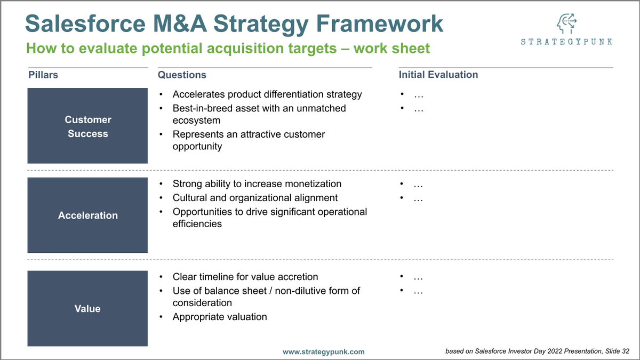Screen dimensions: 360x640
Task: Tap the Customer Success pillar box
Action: (x=87, y=126)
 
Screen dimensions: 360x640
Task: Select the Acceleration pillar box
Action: (x=87, y=215)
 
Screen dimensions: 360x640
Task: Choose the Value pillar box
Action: (x=87, y=309)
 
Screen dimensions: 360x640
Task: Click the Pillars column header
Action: (x=43, y=75)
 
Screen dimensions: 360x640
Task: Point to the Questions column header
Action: (x=182, y=75)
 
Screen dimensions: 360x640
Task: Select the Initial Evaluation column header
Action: (x=438, y=75)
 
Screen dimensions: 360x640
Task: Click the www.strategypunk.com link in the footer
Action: (x=324, y=351)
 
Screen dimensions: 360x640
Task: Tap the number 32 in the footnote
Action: (x=625, y=351)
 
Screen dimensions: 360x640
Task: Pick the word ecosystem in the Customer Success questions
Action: (x=196, y=121)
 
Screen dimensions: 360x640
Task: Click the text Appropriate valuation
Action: (x=220, y=317)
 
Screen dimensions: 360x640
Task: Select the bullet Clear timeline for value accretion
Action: (x=245, y=277)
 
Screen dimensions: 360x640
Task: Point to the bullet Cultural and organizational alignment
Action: (x=255, y=198)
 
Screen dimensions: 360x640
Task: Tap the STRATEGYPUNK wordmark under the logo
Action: (x=566, y=42)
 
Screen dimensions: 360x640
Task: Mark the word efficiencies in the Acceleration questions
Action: (x=197, y=224)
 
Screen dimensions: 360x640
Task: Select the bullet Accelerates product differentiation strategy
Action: (x=267, y=94)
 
